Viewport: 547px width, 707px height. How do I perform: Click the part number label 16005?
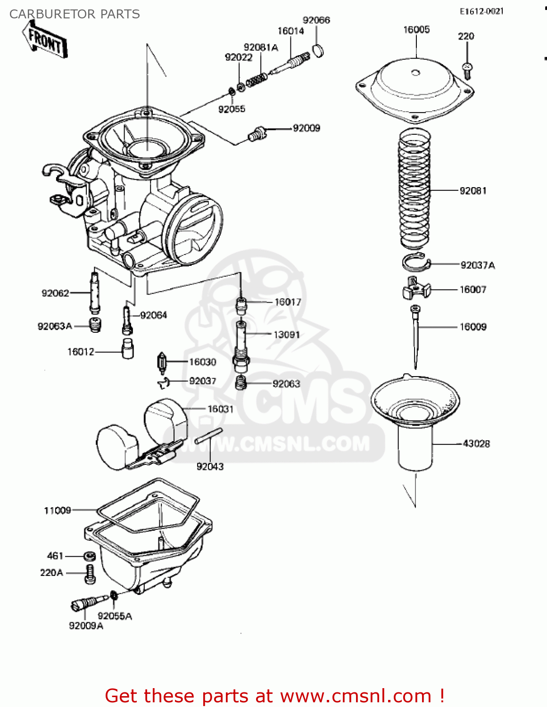[x=416, y=30]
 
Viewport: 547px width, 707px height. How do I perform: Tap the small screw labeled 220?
[x=467, y=70]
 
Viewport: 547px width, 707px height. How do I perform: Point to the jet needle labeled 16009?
[x=415, y=335]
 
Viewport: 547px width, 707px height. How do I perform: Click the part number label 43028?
[x=476, y=444]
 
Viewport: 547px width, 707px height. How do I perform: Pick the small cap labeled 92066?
[x=319, y=50]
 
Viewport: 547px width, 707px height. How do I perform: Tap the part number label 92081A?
[x=261, y=47]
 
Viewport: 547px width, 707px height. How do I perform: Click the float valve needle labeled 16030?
[x=162, y=362]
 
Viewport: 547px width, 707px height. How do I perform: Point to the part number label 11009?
[x=57, y=510]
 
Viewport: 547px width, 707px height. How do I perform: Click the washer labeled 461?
[x=90, y=556]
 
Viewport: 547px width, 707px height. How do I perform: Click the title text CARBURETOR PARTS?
[x=75, y=14]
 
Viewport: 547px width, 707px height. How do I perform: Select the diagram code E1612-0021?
[x=481, y=11]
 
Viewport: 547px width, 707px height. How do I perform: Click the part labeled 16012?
[x=127, y=349]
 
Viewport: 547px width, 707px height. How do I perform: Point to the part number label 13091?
[x=287, y=335]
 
